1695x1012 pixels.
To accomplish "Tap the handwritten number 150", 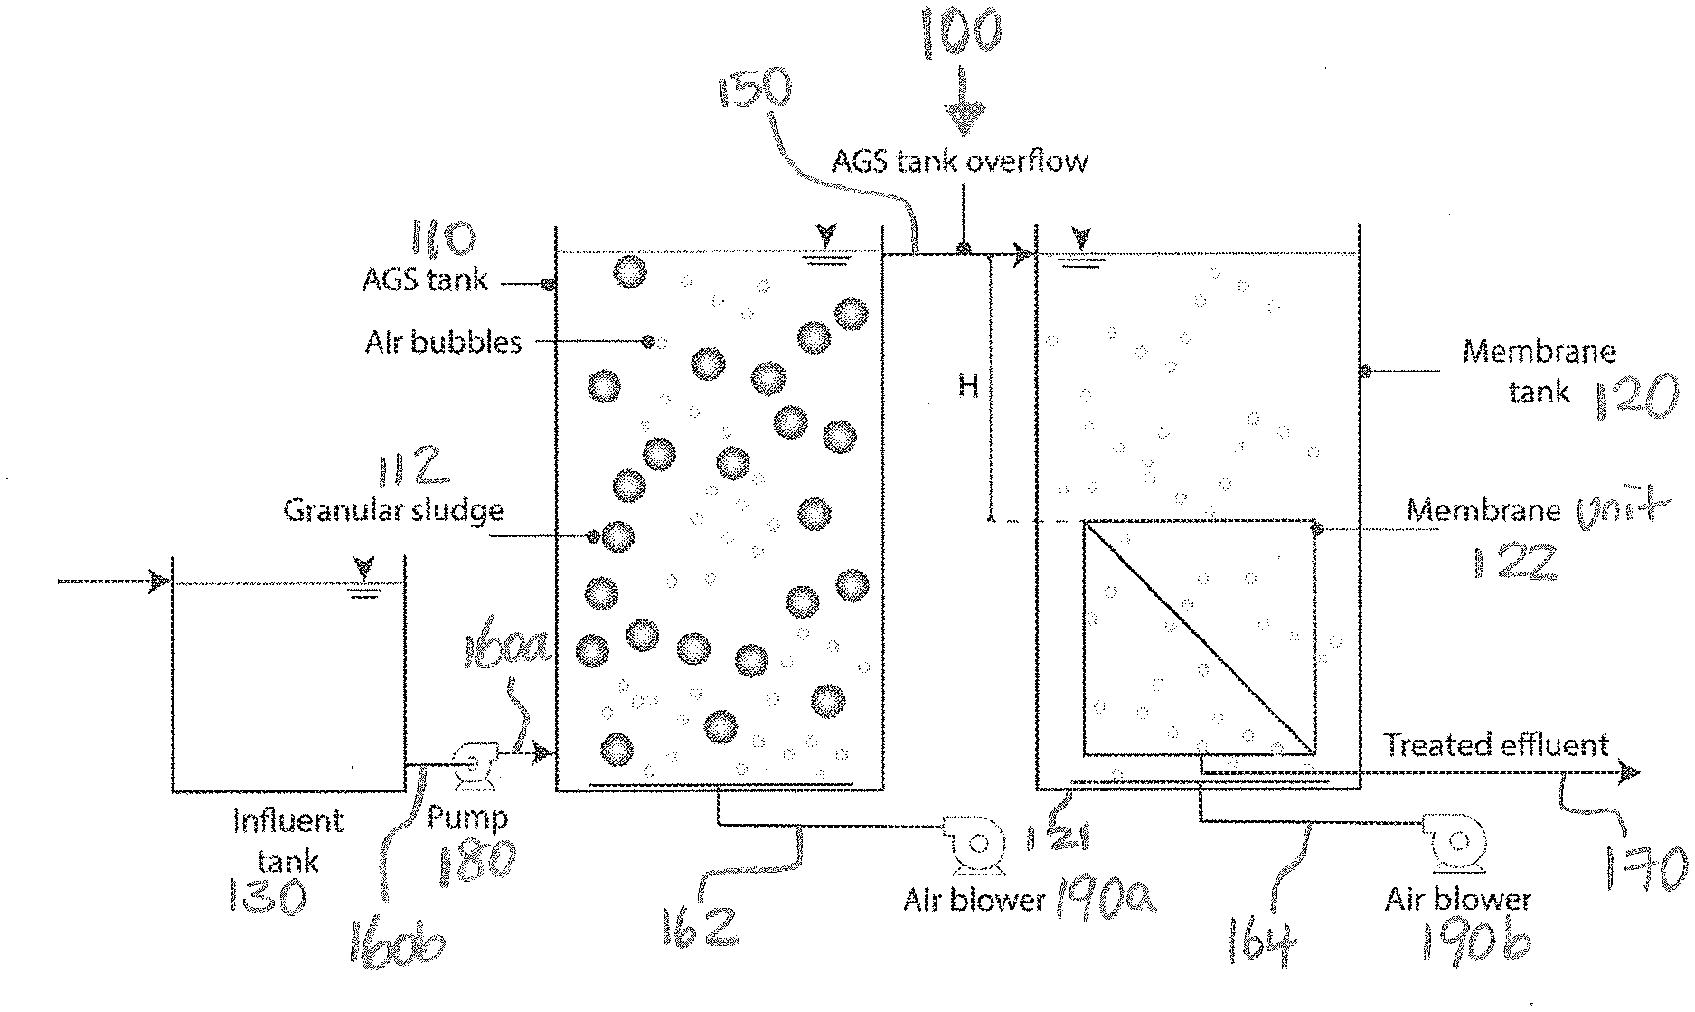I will click(x=753, y=101).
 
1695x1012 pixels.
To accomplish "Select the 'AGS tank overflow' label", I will click(x=959, y=162).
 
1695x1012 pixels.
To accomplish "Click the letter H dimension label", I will click(x=968, y=387).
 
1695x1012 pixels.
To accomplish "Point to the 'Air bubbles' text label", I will click(x=443, y=343).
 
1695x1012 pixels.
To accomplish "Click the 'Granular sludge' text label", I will click(x=393, y=511).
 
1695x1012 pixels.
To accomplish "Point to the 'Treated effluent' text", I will click(x=1496, y=745).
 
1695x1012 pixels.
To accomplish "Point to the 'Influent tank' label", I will click(x=287, y=840).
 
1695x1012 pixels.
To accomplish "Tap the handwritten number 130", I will click(x=268, y=897).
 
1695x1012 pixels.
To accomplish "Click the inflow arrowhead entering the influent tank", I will click(x=160, y=582).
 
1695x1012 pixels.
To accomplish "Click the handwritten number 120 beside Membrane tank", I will click(x=1634, y=399).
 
